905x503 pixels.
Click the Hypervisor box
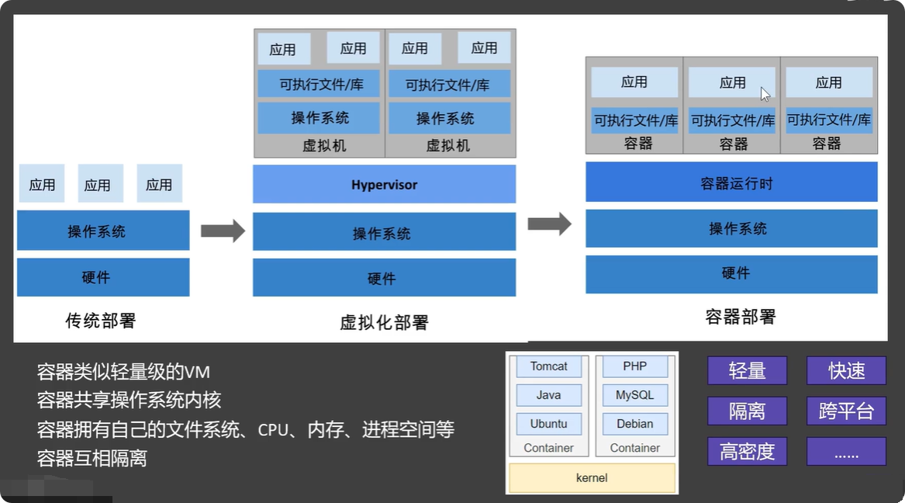click(x=384, y=185)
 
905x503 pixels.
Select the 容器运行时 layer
click(x=731, y=183)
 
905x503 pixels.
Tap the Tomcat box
click(x=549, y=366)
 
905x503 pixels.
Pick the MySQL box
click(x=634, y=395)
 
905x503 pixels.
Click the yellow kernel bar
click(x=592, y=477)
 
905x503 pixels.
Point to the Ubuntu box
click(x=549, y=424)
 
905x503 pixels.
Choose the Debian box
click(x=634, y=424)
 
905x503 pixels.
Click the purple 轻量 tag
click(x=747, y=370)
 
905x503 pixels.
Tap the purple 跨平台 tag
click(x=846, y=411)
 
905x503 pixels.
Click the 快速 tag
click(x=846, y=370)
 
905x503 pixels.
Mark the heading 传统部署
click(x=101, y=320)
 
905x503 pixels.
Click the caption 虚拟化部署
click(x=384, y=322)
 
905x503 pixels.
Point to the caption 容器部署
click(x=740, y=317)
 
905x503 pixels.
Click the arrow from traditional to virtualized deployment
click(x=223, y=231)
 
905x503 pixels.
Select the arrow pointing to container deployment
click(x=549, y=224)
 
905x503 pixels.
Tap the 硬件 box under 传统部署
click(x=103, y=277)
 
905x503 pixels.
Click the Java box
click(x=549, y=395)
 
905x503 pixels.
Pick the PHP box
click(x=634, y=366)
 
